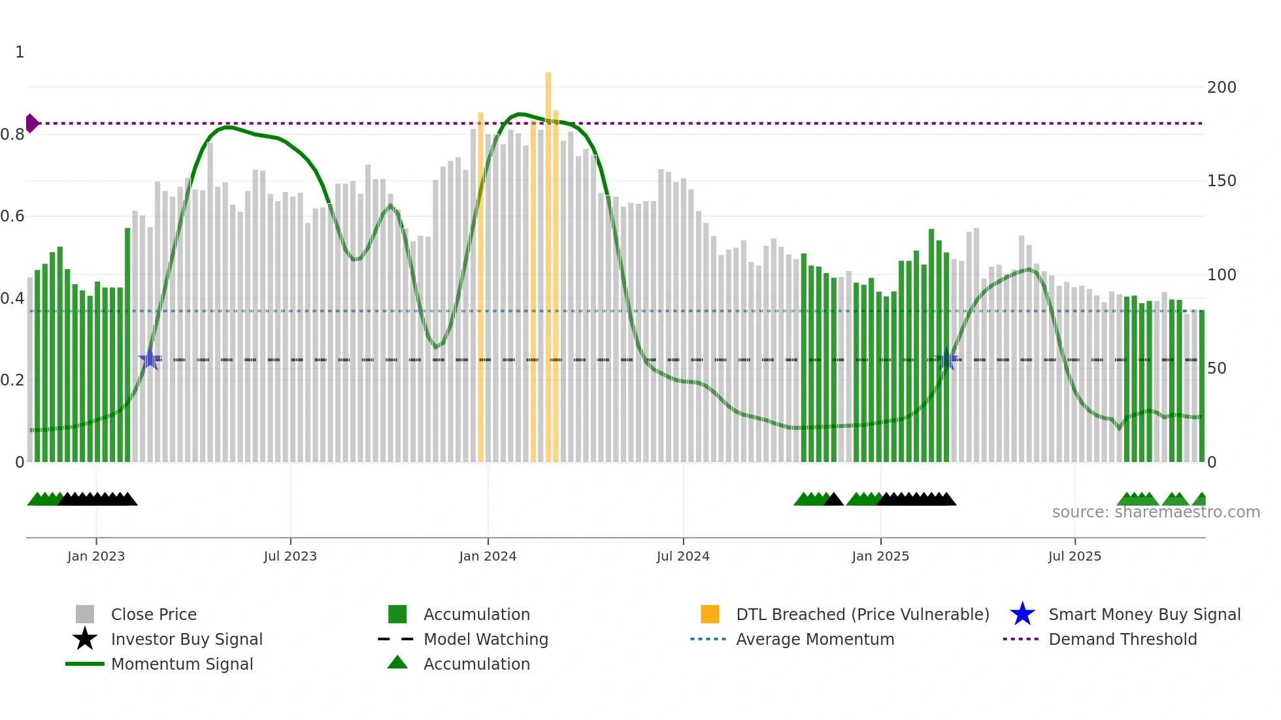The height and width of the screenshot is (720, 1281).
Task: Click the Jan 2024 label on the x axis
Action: point(488,556)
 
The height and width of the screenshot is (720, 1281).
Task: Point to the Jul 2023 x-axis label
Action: point(290,556)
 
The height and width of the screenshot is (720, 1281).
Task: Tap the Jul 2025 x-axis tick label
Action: point(1074,556)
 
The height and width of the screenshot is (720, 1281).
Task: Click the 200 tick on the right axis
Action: point(1222,88)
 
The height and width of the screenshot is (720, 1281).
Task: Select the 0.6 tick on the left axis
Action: point(12,216)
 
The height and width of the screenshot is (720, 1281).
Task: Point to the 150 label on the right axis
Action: point(1222,181)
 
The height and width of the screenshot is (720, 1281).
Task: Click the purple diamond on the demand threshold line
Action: point(31,123)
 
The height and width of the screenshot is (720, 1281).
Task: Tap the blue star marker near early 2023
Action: point(150,359)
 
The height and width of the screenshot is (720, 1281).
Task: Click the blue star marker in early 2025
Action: point(946,359)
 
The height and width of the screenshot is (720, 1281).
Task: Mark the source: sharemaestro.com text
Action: point(1156,512)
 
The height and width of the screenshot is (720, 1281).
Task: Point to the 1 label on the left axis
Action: point(20,52)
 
